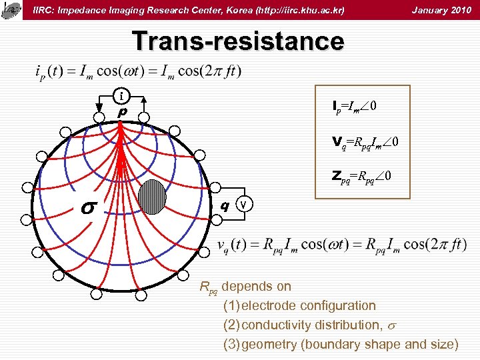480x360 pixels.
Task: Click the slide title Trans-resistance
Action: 238,41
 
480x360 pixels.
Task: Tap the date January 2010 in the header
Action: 441,10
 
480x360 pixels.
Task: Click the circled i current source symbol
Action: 121,96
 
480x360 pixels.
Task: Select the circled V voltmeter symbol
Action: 245,204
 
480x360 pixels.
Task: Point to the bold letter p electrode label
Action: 121,113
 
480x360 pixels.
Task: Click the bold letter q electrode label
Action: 226,205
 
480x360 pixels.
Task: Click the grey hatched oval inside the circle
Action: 153,197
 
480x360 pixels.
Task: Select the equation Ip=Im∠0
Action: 357,106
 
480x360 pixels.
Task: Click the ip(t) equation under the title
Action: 137,71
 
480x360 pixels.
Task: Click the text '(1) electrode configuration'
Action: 299,305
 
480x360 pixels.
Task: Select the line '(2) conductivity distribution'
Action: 308,325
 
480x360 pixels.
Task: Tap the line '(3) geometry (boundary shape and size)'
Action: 341,344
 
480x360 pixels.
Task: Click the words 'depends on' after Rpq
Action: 257,287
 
